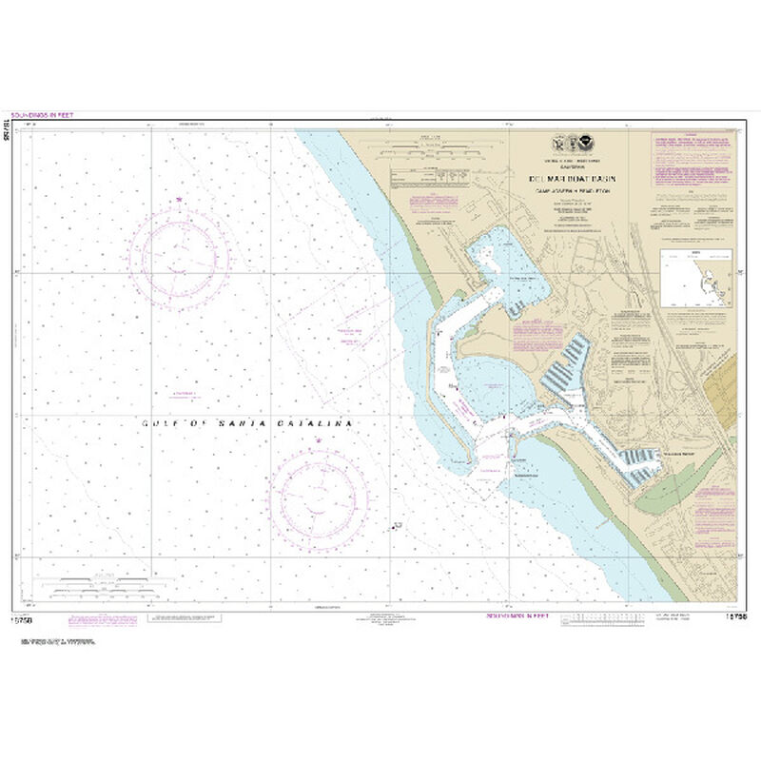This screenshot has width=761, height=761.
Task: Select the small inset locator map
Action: click(x=696, y=279)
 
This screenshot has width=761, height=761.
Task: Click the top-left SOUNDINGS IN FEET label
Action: click(x=46, y=115)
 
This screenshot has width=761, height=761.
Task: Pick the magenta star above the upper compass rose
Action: click(x=179, y=198)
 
